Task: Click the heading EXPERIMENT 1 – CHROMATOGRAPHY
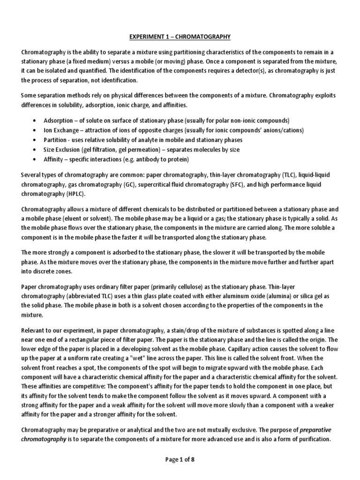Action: (180, 37)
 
